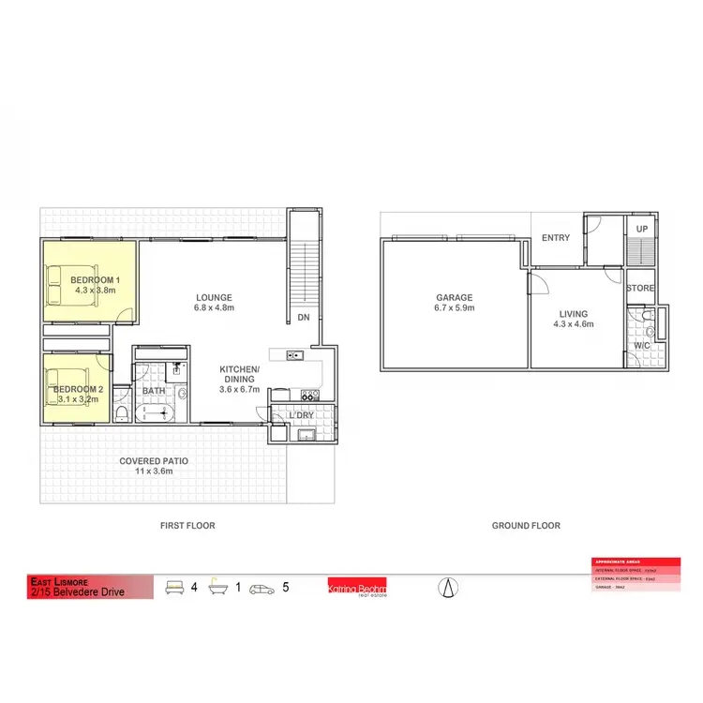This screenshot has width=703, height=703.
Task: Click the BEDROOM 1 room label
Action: pos(96,280)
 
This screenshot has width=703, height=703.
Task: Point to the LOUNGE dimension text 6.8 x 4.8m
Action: pos(214,307)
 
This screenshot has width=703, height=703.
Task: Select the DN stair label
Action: pos(304,318)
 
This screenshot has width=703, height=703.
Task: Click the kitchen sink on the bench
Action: pos(293,355)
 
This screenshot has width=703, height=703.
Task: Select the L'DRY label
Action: pos(301,414)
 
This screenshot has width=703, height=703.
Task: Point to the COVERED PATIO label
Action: pos(154,461)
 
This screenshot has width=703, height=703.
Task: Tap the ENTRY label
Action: pos(556,238)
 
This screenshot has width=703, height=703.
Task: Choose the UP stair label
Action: pos(642,229)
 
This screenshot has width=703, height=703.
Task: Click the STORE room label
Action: pos(641,289)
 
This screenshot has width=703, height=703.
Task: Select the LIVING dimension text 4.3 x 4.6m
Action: pos(574,324)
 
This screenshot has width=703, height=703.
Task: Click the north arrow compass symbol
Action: pos(449,588)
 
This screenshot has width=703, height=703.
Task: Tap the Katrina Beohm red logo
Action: pos(356,588)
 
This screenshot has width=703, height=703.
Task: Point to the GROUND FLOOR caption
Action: pos(526,526)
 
